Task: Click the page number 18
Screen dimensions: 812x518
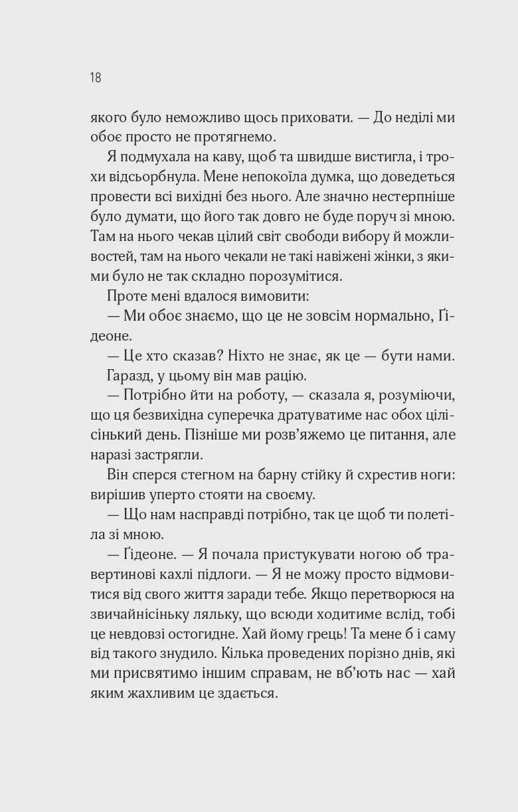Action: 95,78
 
